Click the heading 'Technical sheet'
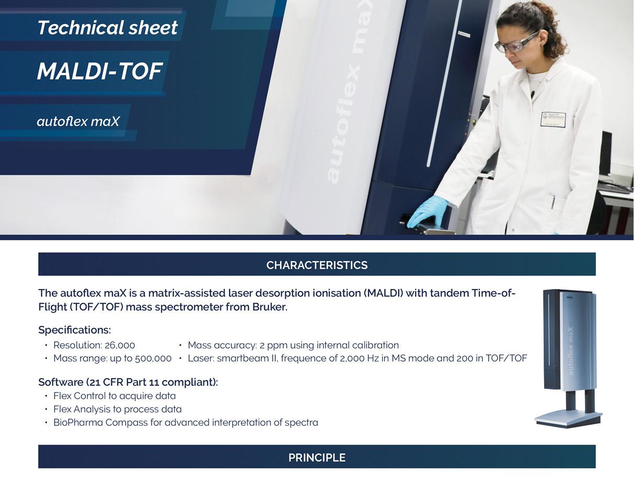click(x=108, y=28)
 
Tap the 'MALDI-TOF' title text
click(x=100, y=71)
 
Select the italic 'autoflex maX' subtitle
click(x=78, y=121)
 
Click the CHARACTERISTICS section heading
click(x=317, y=265)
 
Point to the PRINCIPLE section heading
click(x=317, y=458)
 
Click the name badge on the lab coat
click(x=553, y=119)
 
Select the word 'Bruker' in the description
click(x=269, y=307)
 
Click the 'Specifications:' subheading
click(x=75, y=330)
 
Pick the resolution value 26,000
click(x=120, y=345)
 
